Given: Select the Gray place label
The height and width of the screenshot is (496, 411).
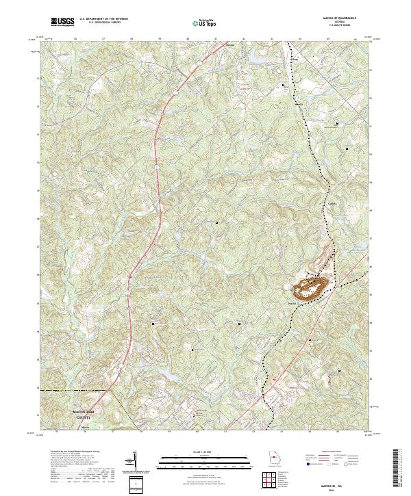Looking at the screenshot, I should (x=296, y=60).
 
